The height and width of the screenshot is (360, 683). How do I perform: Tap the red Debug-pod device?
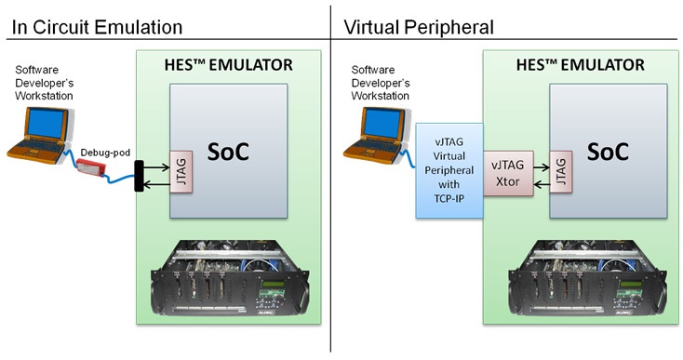pyautogui.click(x=93, y=168)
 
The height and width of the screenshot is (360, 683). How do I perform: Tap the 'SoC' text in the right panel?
pyautogui.click(x=611, y=152)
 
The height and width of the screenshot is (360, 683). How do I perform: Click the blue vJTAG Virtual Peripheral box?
pyautogui.click(x=449, y=170)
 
